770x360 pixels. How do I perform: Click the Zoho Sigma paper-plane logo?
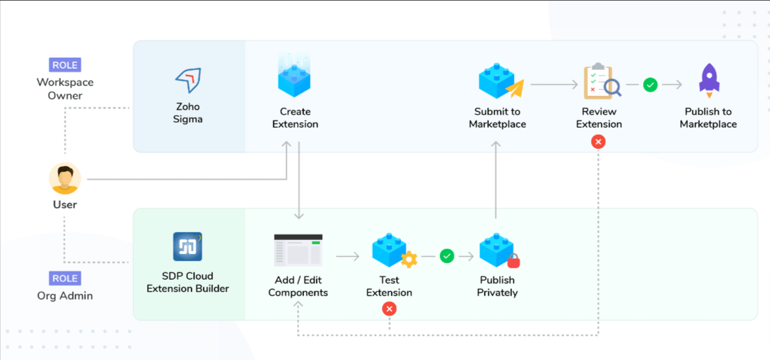(x=188, y=80)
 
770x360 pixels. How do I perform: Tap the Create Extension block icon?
(x=295, y=76)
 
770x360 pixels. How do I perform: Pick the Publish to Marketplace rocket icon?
(x=708, y=81)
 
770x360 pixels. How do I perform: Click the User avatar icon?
(x=65, y=179)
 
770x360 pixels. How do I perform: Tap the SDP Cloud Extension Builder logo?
(x=187, y=246)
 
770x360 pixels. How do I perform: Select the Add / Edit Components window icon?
(x=298, y=250)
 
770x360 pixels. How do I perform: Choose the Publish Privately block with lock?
(x=498, y=251)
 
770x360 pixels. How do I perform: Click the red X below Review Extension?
(x=599, y=142)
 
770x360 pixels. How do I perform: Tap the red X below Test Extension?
(x=389, y=309)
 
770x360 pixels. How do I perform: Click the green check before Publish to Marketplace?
(x=650, y=85)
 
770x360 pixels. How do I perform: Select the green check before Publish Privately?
(x=447, y=256)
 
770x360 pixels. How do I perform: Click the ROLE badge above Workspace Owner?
(x=65, y=65)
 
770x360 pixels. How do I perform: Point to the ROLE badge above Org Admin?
(x=65, y=279)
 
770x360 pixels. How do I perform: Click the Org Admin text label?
(x=65, y=296)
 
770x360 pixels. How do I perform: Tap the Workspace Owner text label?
(x=65, y=89)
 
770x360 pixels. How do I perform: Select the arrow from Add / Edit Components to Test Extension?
(x=347, y=257)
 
